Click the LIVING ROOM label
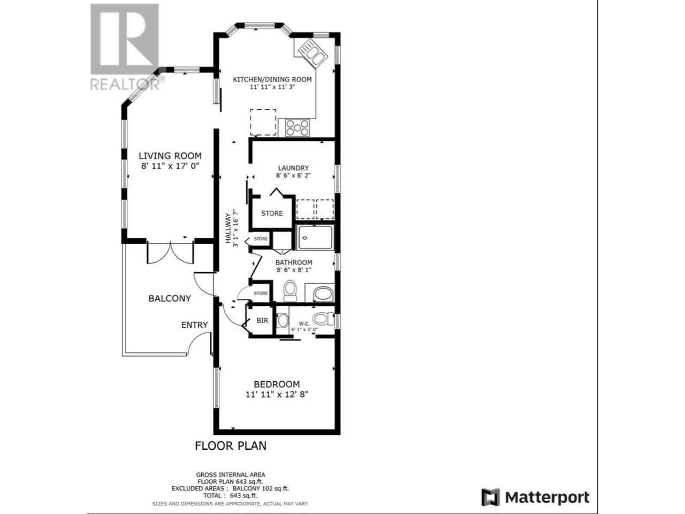coord(170,155)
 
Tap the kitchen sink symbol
coord(313,54)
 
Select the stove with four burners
coord(298,127)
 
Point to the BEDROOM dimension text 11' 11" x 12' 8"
coord(277,395)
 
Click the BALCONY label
coord(170,298)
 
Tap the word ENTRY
coord(194,325)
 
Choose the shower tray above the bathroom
coord(315,237)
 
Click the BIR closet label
coord(262,321)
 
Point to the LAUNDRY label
coord(293,168)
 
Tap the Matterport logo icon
coord(490,496)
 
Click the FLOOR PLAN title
coord(231,445)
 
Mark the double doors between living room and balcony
coord(170,253)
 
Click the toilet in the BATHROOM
coord(290,291)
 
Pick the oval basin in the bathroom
coord(323,293)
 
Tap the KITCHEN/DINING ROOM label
coord(272,80)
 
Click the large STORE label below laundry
coord(272,213)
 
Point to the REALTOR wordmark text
coord(125,84)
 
